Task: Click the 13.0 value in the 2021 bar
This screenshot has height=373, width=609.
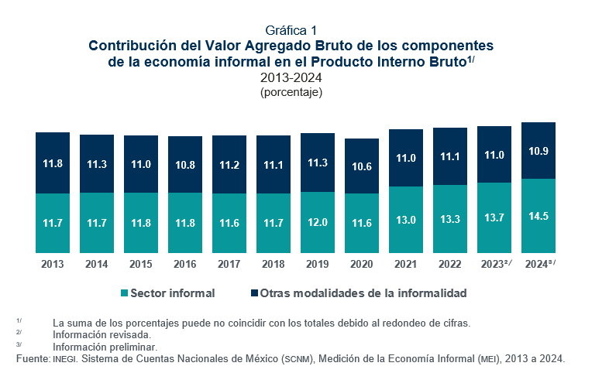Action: click(x=406, y=220)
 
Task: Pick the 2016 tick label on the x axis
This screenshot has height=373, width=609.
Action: click(x=185, y=264)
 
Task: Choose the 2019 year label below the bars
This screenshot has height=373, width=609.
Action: click(x=318, y=264)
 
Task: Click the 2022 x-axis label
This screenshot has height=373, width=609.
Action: click(x=450, y=264)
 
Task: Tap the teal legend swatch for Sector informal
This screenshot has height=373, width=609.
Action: click(x=122, y=294)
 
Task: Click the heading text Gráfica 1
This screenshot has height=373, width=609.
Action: click(x=291, y=31)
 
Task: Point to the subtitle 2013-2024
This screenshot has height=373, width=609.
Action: click(x=291, y=77)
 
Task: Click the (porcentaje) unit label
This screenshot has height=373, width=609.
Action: click(x=291, y=92)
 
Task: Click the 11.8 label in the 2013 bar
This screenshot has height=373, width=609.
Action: click(x=53, y=163)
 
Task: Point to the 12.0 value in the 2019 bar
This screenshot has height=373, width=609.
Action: click(x=318, y=222)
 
